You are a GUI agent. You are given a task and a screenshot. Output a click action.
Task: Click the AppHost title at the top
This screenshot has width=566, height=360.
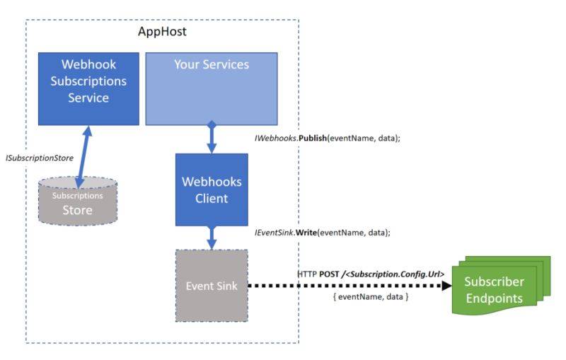coord(161,33)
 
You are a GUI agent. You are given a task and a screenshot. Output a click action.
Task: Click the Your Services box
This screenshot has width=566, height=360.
coord(211,88)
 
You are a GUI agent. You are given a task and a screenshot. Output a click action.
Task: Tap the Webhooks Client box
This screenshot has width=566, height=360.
coord(211,190)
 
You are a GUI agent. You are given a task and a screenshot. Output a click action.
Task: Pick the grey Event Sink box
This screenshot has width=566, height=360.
coord(211,286)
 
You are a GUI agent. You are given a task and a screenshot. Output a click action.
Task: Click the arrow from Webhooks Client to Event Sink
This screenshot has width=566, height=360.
coord(211,238)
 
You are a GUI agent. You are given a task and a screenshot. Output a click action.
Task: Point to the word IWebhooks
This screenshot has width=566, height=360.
coord(271,139)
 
